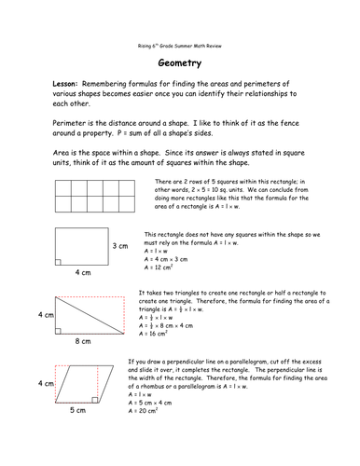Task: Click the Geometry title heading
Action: (x=180, y=58)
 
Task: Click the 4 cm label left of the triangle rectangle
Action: (x=46, y=315)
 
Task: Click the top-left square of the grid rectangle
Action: (x=66, y=187)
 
